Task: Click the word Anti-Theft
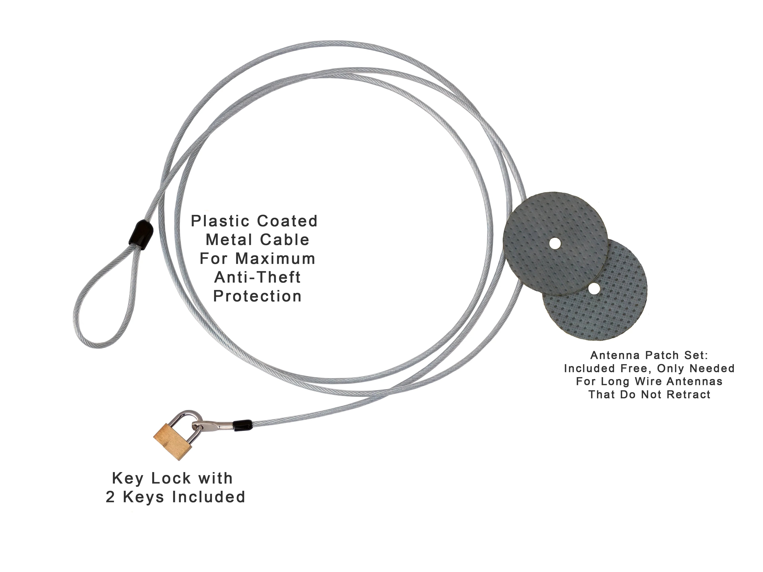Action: (x=257, y=277)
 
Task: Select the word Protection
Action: (x=257, y=296)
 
